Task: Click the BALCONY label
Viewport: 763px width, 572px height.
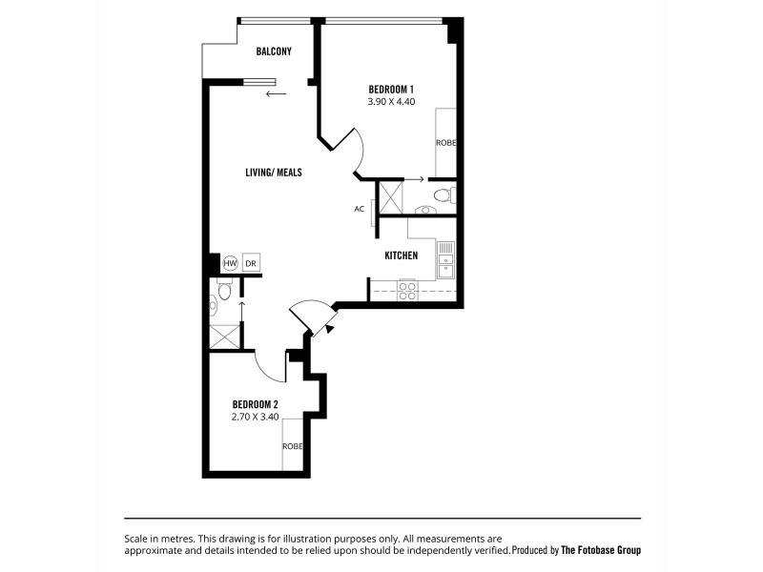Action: pyautogui.click(x=274, y=51)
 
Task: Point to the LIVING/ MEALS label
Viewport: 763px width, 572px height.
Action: pyautogui.click(x=274, y=172)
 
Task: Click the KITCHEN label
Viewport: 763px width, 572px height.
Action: pyautogui.click(x=402, y=255)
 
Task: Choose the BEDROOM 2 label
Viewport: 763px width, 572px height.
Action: pyautogui.click(x=254, y=404)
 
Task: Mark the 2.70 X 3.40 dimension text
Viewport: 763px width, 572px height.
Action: pyautogui.click(x=254, y=417)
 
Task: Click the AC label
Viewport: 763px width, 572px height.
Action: pyautogui.click(x=360, y=209)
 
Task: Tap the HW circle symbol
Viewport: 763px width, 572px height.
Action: pyautogui.click(x=230, y=263)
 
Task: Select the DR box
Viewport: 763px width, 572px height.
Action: pyautogui.click(x=251, y=263)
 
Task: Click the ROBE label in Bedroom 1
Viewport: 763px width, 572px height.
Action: pyautogui.click(x=445, y=143)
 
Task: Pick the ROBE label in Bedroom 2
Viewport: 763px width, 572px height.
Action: pyautogui.click(x=292, y=446)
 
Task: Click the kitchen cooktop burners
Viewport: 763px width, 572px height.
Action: pyautogui.click(x=407, y=290)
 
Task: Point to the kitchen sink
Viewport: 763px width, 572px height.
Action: pyautogui.click(x=445, y=260)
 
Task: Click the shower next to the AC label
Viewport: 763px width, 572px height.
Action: pyautogui.click(x=391, y=198)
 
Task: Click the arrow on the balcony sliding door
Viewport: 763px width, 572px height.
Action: pyautogui.click(x=277, y=93)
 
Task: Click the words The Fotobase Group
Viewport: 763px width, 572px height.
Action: pyautogui.click(x=600, y=550)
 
